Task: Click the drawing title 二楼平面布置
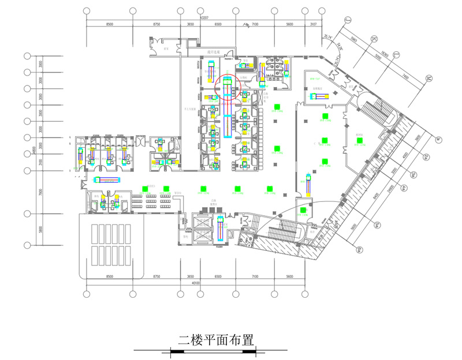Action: point(216,339)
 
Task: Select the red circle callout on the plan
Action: point(228,89)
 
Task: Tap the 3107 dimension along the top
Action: point(312,24)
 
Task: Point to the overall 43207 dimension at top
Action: point(203,19)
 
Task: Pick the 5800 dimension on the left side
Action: point(40,229)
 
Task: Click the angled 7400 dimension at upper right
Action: point(405,77)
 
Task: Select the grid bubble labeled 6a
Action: point(360,249)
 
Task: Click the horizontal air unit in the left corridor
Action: point(106,180)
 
